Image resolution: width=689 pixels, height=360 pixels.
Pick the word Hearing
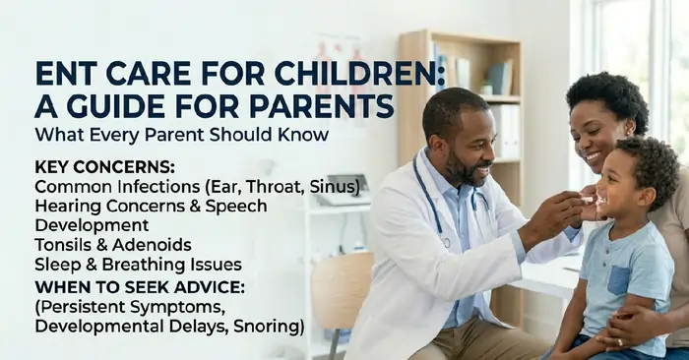pyautogui.click(x=68, y=206)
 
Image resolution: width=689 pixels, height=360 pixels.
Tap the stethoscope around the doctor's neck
pyautogui.click(x=433, y=207)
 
